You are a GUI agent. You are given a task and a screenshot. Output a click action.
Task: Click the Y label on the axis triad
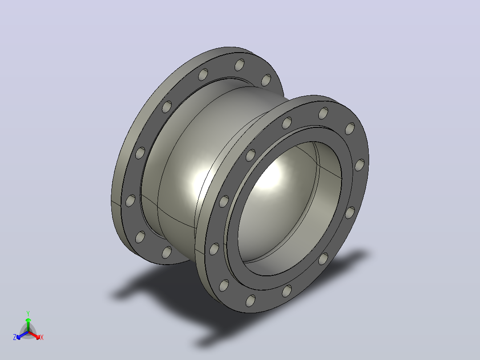(x=28, y=314)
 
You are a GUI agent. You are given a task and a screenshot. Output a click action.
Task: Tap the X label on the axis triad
(x=42, y=337)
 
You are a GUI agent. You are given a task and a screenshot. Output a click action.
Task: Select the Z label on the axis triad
(x=14, y=337)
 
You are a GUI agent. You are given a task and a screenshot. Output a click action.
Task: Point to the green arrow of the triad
(x=28, y=325)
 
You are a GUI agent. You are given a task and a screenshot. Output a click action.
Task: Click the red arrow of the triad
(x=34, y=335)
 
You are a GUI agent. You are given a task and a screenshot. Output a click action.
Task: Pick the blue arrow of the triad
(x=22, y=335)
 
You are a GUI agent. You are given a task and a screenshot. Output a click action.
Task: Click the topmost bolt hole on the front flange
(x=323, y=113)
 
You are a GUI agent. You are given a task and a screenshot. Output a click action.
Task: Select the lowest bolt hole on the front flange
(x=250, y=301)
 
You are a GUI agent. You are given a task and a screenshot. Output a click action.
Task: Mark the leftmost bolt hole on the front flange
(x=214, y=249)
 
